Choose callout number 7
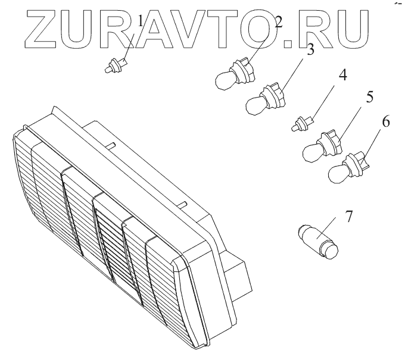(x=348, y=215)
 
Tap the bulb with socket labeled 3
(x=264, y=101)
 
